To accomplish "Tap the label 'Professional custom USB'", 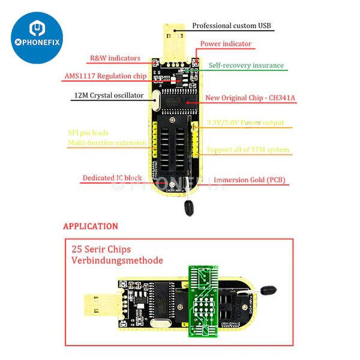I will (232, 26).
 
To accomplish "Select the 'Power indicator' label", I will (226, 44).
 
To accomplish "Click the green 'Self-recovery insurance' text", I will (246, 65).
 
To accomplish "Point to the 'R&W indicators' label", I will (115, 58).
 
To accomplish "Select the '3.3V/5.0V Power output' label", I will (245, 122).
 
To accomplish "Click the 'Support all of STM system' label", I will (248, 149).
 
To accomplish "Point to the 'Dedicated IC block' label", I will (112, 178).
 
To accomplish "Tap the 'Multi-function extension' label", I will (107, 143).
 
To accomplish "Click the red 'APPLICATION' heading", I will (91, 226).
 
